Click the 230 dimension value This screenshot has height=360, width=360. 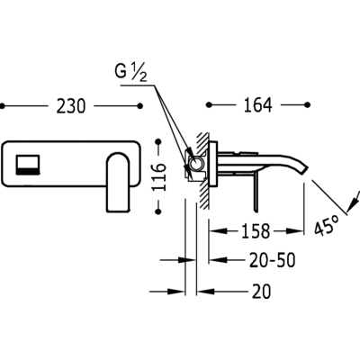71,106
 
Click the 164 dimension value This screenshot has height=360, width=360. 258,105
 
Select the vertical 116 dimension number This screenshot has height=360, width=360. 159,177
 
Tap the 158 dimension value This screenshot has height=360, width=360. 256,231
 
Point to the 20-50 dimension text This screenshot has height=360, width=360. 273,260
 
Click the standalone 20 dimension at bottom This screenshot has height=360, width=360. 261,291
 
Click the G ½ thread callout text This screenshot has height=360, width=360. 130,72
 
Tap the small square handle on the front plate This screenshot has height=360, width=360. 27,165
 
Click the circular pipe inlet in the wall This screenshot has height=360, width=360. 195,164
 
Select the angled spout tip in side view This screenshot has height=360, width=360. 303,169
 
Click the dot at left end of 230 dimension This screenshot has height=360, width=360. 3,106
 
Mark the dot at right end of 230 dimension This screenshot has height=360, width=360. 139,106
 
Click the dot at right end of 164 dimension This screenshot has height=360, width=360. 307,104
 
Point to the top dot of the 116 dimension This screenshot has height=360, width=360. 158,142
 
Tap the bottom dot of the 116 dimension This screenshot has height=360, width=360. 158,211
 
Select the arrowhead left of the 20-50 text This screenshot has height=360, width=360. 218,260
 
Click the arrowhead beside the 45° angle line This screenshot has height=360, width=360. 353,202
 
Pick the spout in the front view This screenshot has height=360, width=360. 119,183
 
